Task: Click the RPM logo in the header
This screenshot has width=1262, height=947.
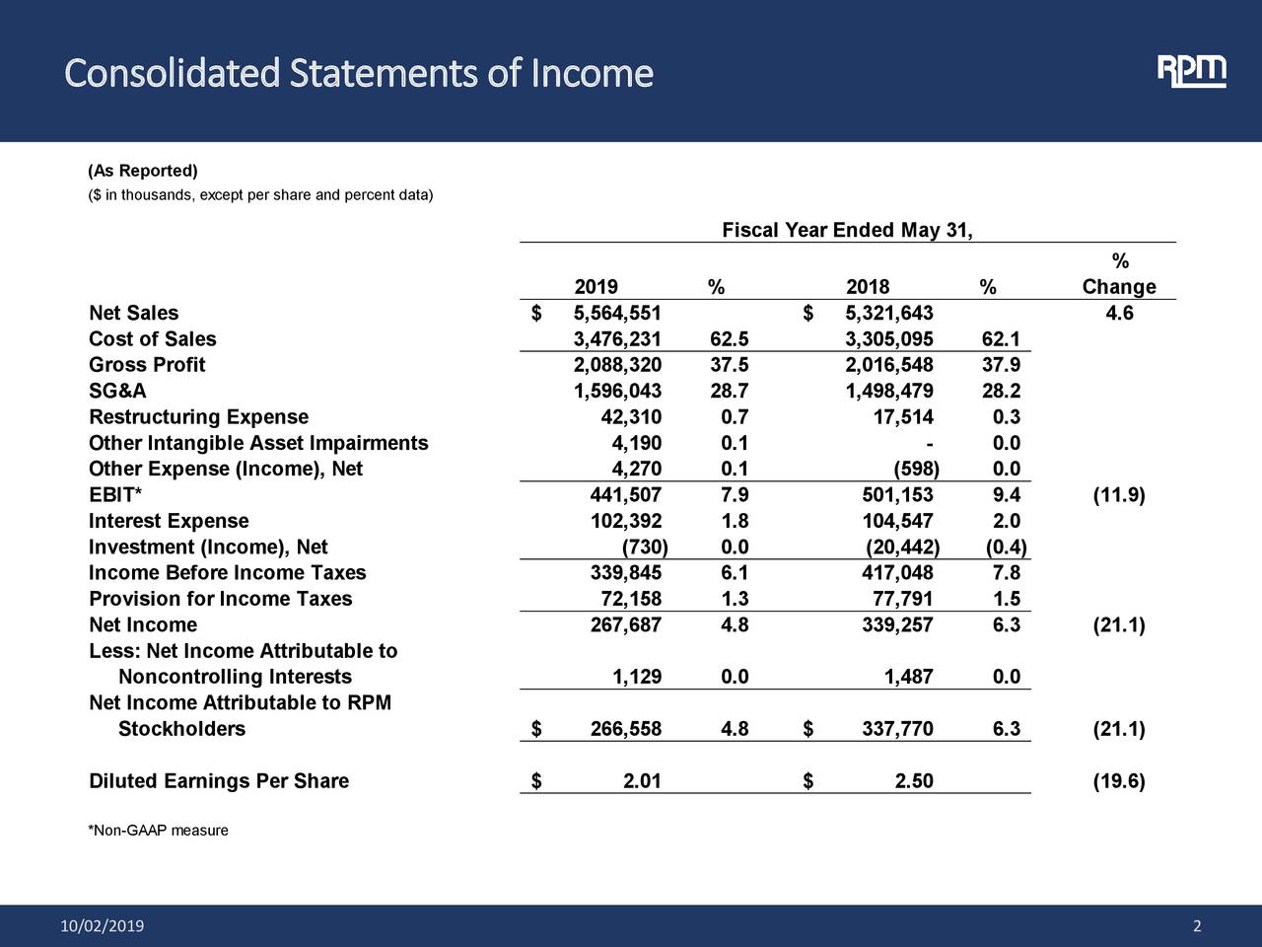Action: [1191, 72]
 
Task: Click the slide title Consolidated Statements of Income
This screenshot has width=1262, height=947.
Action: [358, 74]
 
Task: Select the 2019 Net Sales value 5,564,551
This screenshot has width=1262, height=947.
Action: [617, 314]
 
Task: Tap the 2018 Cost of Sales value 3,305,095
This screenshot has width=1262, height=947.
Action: [889, 339]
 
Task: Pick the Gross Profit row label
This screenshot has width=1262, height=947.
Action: [147, 365]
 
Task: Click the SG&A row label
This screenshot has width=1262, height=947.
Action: [117, 392]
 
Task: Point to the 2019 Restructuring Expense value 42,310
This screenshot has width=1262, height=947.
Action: [631, 417]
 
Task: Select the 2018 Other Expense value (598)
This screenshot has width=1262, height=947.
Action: [915, 469]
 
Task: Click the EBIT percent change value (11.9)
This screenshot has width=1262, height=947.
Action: [1119, 495]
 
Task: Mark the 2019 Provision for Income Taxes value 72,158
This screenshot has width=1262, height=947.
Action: [631, 599]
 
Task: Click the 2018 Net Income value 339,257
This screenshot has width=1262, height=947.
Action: [897, 624]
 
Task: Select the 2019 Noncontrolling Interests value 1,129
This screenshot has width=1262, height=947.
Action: [637, 677]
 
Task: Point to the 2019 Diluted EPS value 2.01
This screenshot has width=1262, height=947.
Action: [642, 781]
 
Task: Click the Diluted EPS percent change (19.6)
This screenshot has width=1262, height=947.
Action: [1119, 781]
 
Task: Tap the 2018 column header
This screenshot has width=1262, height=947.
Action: [868, 287]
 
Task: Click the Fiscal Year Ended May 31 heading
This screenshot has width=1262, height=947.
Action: [847, 231]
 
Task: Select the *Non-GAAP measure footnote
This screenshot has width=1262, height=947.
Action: [159, 831]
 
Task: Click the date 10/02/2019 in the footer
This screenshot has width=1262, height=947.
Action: [102, 925]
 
